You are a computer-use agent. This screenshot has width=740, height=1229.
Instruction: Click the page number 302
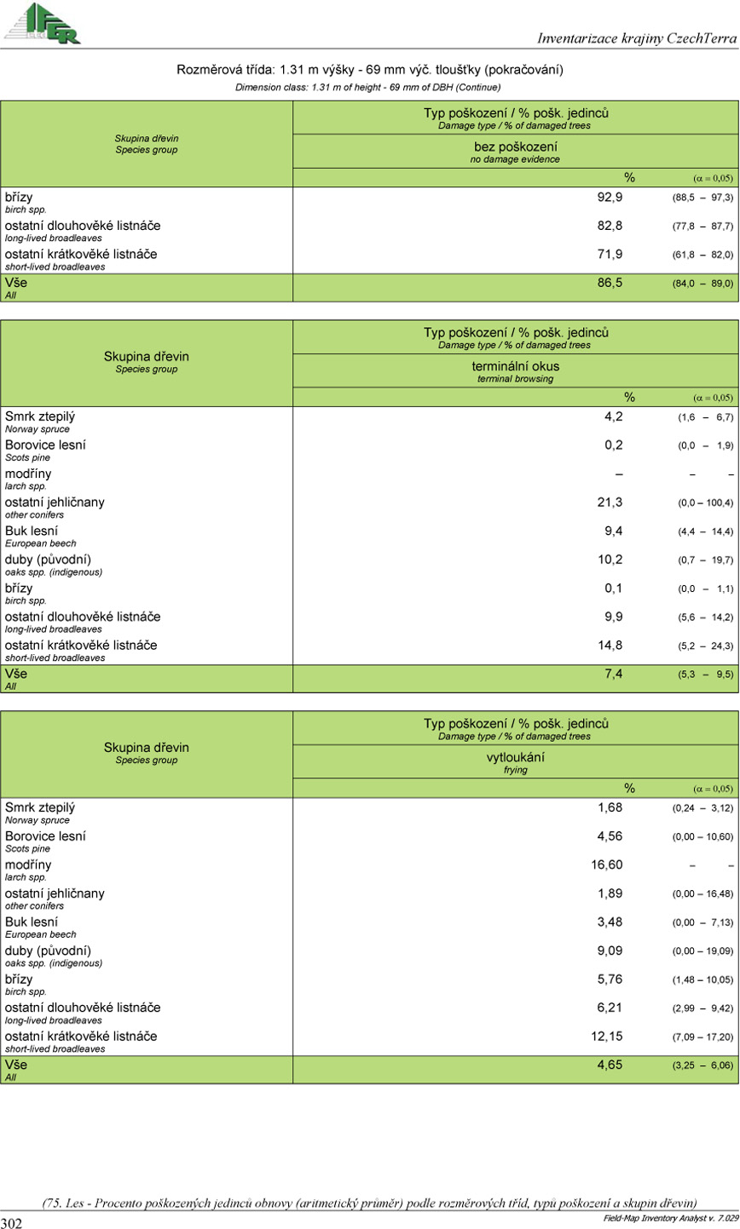click(x=12, y=1223)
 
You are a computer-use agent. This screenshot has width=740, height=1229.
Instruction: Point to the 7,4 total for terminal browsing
click(x=613, y=675)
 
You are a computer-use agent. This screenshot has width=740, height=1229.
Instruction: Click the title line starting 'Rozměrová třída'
click(x=369, y=70)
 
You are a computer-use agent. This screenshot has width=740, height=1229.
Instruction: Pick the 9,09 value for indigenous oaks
click(x=610, y=950)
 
